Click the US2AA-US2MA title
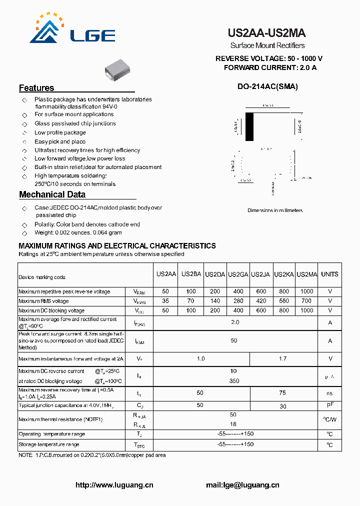point(266,33)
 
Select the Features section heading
point(36,88)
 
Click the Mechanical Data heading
point(52,194)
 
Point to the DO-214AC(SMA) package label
point(267,86)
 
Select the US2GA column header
point(238,274)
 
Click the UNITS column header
point(329,274)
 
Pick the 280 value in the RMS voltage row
point(238,301)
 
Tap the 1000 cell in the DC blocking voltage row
point(306,310)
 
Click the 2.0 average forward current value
point(235,322)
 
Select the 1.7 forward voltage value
point(283,358)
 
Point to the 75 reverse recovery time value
point(283,393)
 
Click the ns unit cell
point(329,393)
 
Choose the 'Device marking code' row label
point(42,277)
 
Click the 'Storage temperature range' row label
point(48,444)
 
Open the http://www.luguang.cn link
point(114,485)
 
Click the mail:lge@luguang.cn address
point(242,485)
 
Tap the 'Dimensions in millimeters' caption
point(274,210)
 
